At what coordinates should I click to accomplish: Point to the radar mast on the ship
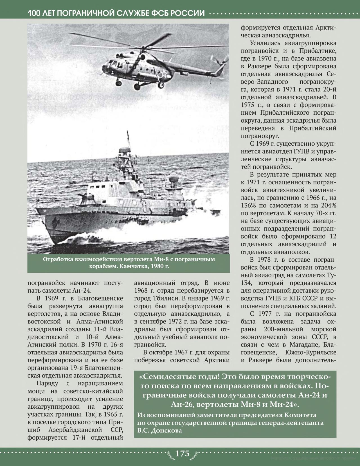(124, 157)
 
